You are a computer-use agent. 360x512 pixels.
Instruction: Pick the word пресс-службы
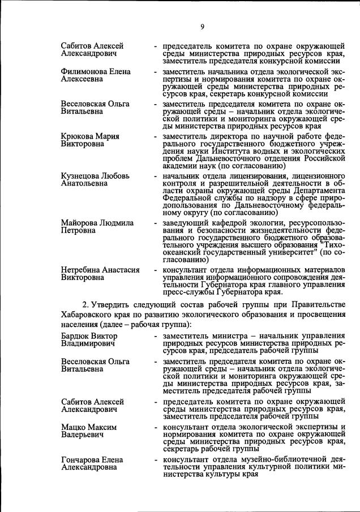click(187, 293)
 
